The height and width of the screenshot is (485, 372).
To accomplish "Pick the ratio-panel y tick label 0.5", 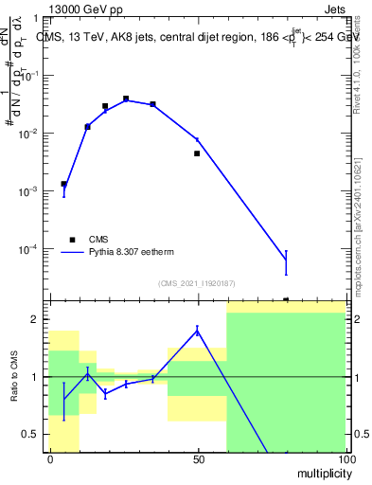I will tap(30, 434).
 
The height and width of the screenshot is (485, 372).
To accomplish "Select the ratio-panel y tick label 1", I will tap(34, 377).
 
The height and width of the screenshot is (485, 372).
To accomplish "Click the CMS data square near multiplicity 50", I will tap(197, 153).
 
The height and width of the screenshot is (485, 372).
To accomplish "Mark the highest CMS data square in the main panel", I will tap(126, 99).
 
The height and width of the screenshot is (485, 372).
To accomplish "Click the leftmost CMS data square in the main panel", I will tap(64, 184).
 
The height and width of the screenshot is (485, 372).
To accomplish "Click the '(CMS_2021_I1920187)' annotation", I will tap(196, 282).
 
